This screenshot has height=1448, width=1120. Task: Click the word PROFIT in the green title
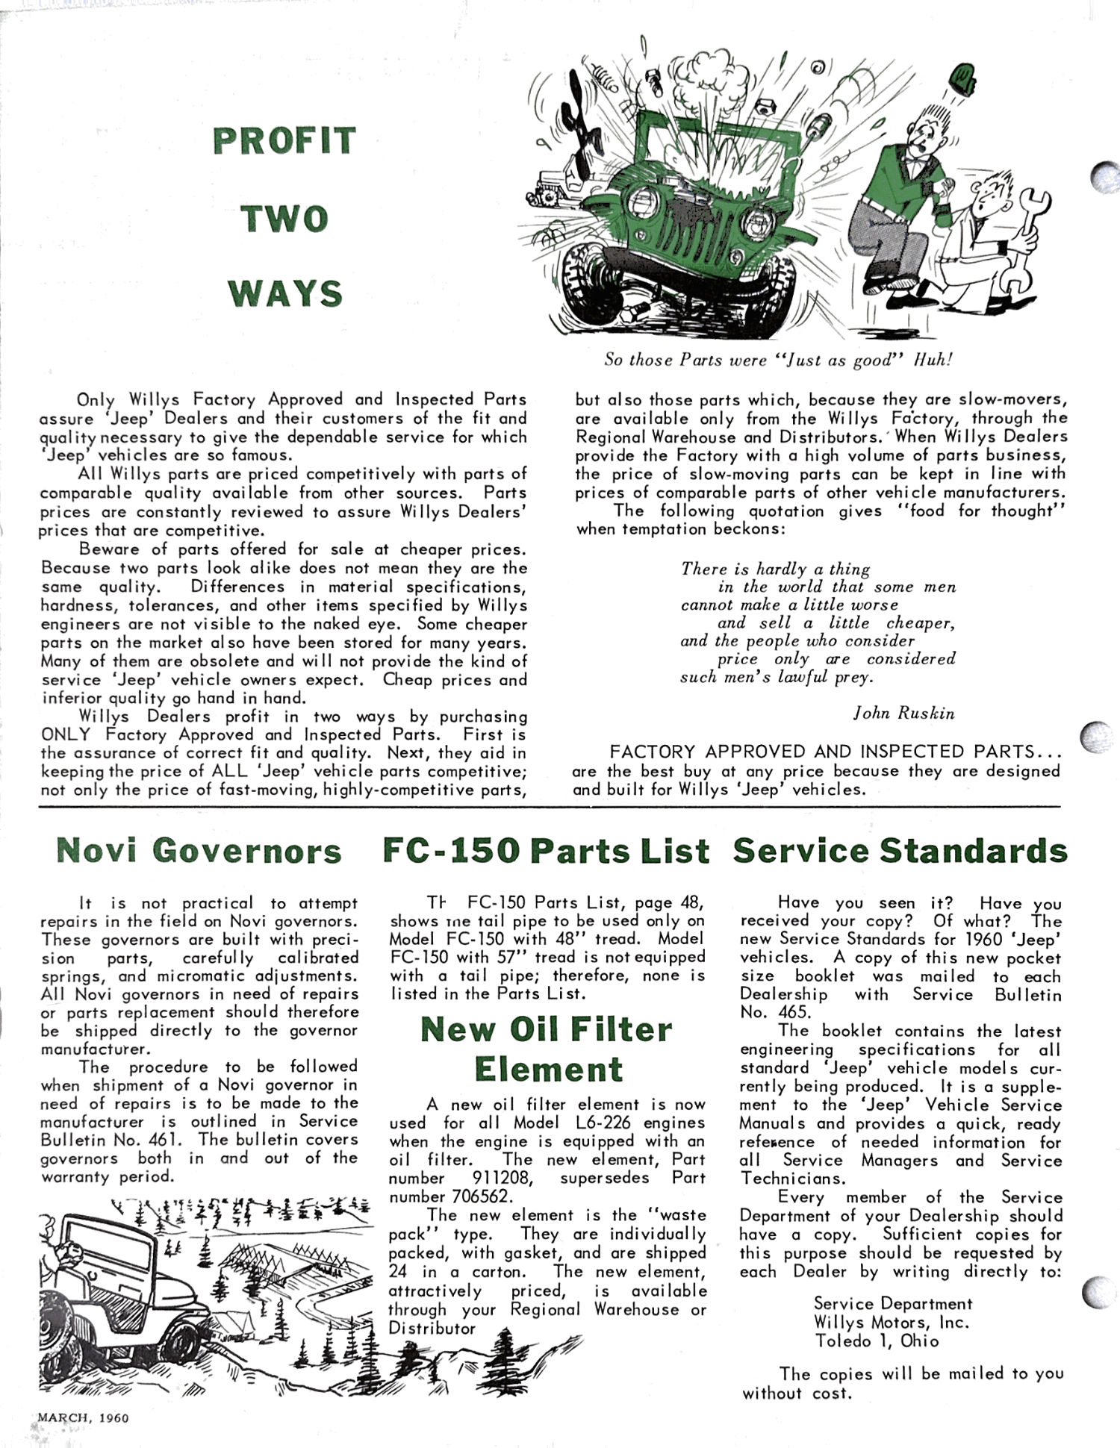tap(284, 142)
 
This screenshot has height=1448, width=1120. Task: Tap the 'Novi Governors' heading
tap(199, 851)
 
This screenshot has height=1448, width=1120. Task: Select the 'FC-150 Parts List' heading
tap(546, 851)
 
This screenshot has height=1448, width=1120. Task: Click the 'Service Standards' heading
tap(900, 851)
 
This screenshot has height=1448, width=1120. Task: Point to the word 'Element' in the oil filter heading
tap(548, 1069)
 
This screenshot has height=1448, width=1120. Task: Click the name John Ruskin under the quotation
tap(904, 713)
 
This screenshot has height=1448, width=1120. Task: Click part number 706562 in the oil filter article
tap(481, 1196)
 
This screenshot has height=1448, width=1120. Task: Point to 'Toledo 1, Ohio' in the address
tap(877, 1341)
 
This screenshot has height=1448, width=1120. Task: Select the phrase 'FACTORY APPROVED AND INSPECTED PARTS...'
tap(836, 752)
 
